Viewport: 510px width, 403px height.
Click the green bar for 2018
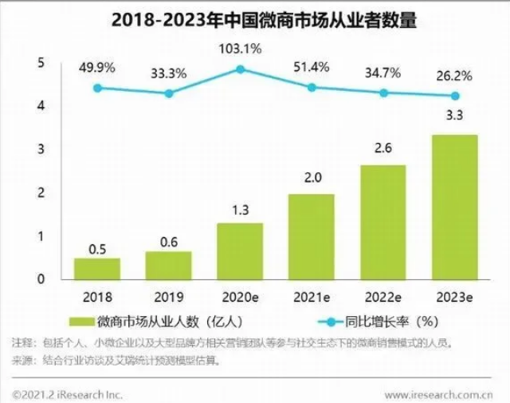point(97,269)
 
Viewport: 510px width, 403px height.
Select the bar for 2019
point(168,266)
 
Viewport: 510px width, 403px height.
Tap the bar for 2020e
point(240,251)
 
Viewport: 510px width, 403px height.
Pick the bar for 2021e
point(311,237)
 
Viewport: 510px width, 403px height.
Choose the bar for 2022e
point(382,223)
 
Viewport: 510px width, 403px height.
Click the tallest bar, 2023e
point(453,207)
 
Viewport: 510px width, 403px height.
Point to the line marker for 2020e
point(240,69)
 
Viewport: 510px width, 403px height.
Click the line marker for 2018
point(97,88)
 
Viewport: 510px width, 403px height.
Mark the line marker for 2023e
point(453,96)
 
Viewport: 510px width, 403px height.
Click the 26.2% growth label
point(453,77)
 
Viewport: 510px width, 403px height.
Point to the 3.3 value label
point(453,117)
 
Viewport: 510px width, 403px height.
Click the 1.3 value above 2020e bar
point(240,210)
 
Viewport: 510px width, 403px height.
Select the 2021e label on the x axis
point(311,296)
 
